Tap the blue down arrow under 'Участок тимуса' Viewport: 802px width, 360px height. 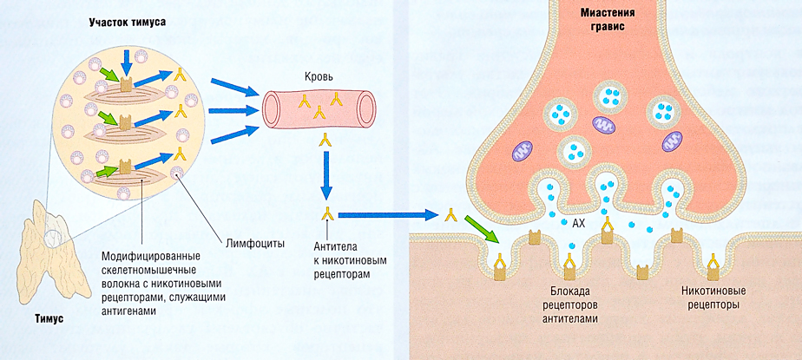[128, 60]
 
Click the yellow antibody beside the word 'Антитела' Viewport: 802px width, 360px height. [327, 213]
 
